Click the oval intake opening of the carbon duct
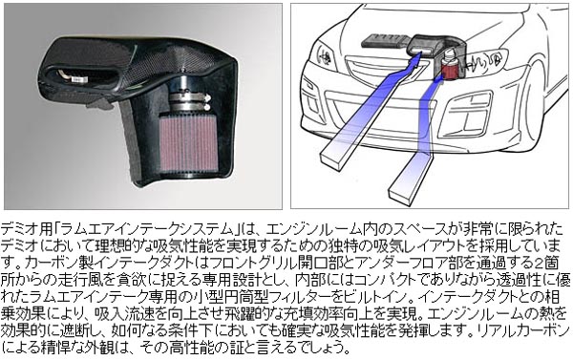pos(76,77)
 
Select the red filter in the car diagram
pos(448,67)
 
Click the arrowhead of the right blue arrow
pos(437,79)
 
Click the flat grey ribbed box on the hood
pos(385,41)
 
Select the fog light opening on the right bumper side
pos(465,115)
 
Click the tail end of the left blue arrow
pos(333,159)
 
